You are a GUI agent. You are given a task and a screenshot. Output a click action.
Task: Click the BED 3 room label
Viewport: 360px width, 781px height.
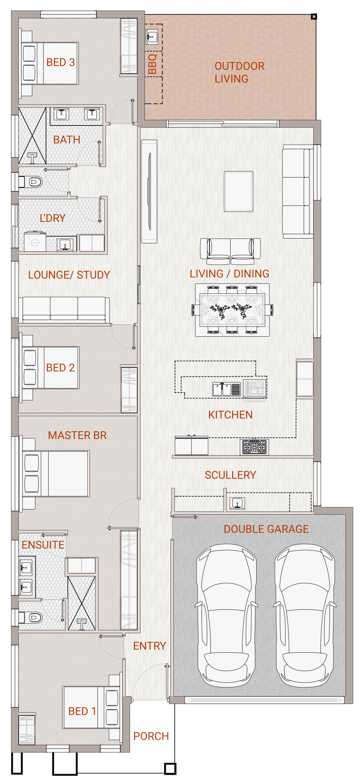[x=60, y=62]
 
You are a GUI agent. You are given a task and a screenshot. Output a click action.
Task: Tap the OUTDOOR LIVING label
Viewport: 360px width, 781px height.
[x=239, y=72]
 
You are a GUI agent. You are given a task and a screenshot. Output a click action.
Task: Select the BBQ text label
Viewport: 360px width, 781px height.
[x=153, y=64]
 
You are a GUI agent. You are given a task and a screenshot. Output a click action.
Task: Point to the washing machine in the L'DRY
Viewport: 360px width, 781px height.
[x=35, y=241]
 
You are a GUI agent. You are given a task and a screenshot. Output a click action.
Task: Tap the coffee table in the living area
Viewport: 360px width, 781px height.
[x=238, y=191]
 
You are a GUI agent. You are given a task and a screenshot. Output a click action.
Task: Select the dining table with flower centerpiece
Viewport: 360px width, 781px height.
[x=232, y=310]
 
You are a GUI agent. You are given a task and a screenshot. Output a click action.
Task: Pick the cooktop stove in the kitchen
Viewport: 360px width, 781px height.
[x=255, y=447]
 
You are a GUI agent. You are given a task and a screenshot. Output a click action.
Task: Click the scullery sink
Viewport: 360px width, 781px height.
[x=237, y=503]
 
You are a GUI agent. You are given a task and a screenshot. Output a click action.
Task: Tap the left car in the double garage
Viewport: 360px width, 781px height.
[x=226, y=615]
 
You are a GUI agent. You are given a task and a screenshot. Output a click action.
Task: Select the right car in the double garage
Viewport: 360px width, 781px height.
[x=305, y=615]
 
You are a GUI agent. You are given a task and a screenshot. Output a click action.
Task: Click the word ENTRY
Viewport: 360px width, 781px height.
[x=149, y=646]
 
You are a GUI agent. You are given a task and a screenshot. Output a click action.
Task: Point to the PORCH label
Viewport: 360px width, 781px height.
[x=151, y=736]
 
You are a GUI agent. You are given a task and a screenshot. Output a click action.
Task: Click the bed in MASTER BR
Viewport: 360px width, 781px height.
[x=56, y=473]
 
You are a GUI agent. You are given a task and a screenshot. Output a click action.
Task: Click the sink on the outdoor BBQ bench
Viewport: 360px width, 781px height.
[x=152, y=36]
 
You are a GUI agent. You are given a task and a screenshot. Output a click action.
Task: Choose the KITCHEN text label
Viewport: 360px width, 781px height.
[x=230, y=415]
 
